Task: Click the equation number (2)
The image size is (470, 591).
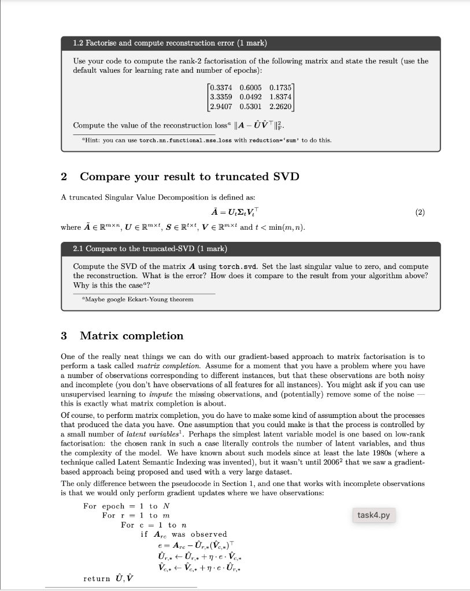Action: coord(420,212)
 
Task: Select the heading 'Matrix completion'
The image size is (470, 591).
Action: coord(131,336)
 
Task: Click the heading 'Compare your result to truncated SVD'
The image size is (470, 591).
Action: coord(189,177)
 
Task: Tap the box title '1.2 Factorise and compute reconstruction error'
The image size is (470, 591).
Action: coord(170,43)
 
